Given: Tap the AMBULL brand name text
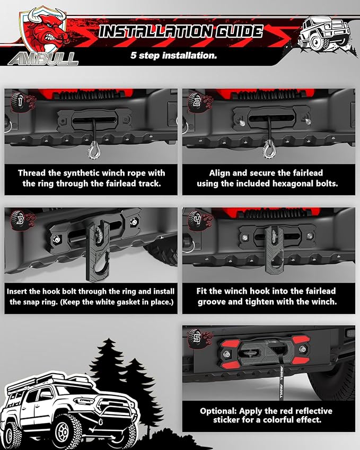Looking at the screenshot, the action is coord(43,59).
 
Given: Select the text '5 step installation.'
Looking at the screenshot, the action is coord(174,55).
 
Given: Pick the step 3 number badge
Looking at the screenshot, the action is coord(19,220).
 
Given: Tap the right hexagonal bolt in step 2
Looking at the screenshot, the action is coord(308,121).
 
